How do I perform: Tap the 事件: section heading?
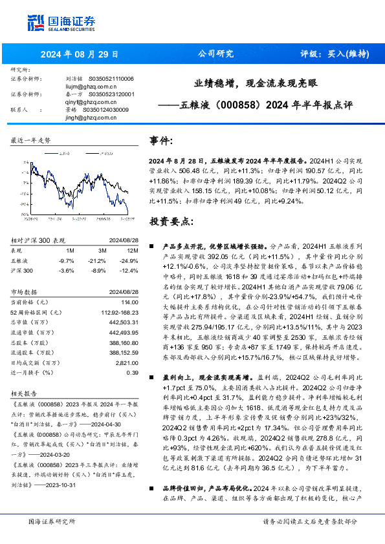pos(161,141)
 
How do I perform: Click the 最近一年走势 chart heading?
pos(30,140)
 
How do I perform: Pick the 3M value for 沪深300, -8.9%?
pos(100,269)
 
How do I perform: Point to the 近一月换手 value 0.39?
pos(133,372)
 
